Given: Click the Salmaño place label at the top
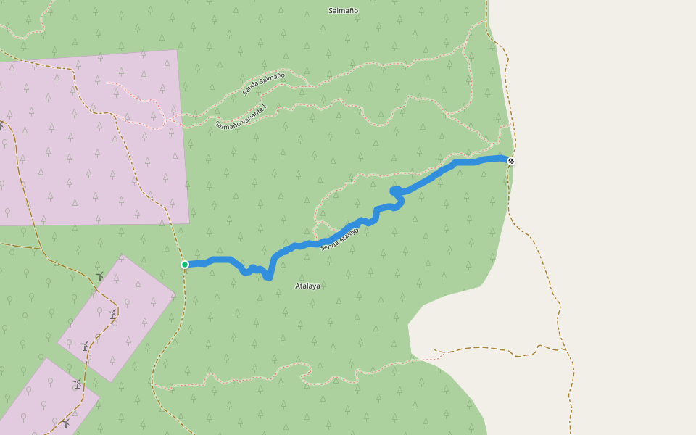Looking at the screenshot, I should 343,11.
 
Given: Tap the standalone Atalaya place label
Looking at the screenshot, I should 307,286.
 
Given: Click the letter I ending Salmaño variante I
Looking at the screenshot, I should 265,107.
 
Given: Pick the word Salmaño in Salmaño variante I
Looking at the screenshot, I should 227,123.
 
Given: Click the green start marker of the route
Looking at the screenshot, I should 185,265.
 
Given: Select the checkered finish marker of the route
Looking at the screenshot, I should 511,161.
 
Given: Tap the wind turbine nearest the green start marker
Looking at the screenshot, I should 100,276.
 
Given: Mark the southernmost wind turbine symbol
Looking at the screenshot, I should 66,423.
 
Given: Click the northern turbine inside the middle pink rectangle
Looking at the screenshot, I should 112,314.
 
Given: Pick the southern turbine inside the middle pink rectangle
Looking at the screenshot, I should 86,346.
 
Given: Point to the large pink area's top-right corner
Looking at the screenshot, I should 177,50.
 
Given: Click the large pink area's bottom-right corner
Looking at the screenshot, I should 189,223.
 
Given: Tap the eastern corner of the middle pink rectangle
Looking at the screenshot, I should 175,294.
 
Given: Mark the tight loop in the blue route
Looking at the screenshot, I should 397,191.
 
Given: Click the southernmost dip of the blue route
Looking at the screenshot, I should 268,277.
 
